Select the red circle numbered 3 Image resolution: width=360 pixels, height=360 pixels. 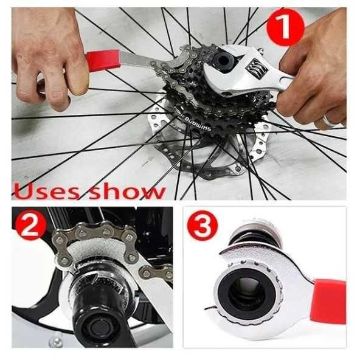tap(202, 225)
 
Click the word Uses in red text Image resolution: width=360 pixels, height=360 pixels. tap(47, 191)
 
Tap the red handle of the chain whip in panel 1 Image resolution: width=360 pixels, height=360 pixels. tap(103, 61)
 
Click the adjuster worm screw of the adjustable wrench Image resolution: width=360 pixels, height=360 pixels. tap(256, 69)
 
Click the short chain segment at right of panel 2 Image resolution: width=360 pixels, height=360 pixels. tap(156, 272)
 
